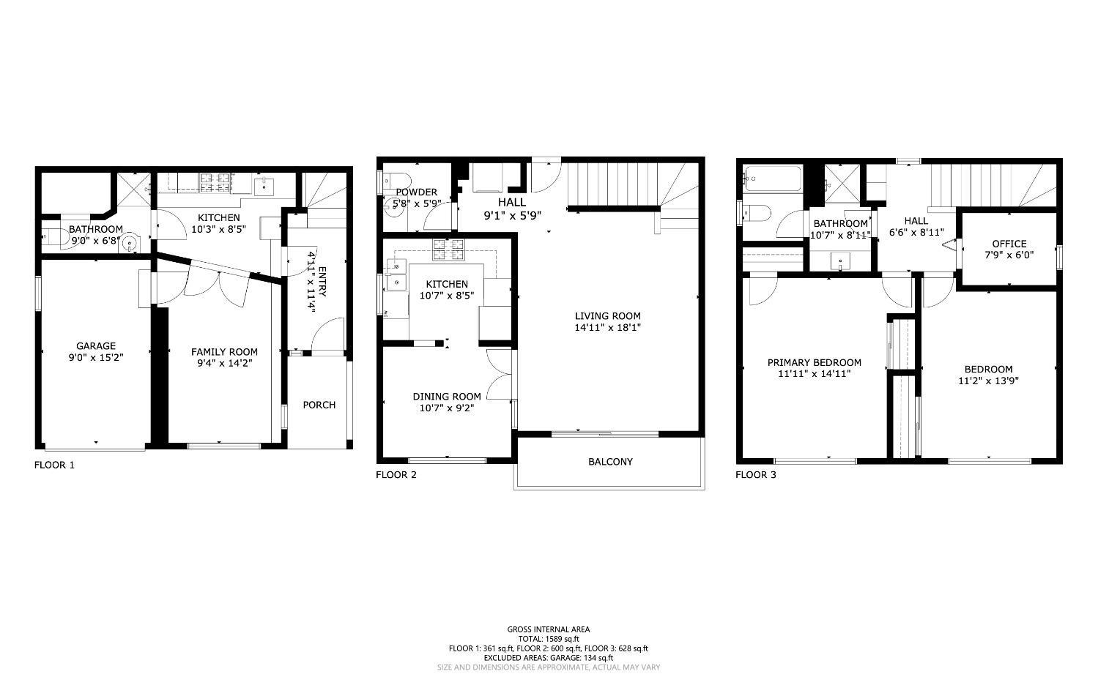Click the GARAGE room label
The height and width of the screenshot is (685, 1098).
coord(96,346)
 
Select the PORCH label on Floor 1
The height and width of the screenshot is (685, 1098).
coord(319,405)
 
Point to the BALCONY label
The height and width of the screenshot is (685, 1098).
coord(610,462)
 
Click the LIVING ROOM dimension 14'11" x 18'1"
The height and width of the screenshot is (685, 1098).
coord(608,328)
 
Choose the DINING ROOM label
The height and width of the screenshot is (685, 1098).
coord(447,397)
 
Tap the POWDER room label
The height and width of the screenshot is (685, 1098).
coord(416,192)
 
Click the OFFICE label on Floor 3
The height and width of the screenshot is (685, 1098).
coord(1009,244)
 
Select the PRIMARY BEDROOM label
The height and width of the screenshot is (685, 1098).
coord(814,362)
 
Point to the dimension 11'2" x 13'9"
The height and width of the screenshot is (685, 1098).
coord(988,381)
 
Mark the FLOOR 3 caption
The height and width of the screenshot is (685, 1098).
coord(755,475)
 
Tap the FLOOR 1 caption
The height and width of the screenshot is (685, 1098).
coord(54,465)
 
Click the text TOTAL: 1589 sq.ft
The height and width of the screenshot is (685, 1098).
coord(548,639)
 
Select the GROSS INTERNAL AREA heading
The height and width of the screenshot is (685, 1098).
coord(548,629)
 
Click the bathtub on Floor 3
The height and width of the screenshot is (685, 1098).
coord(772,179)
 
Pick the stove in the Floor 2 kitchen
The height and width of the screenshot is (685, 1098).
coord(448,250)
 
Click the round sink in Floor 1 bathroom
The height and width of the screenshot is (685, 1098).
coord(130,243)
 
